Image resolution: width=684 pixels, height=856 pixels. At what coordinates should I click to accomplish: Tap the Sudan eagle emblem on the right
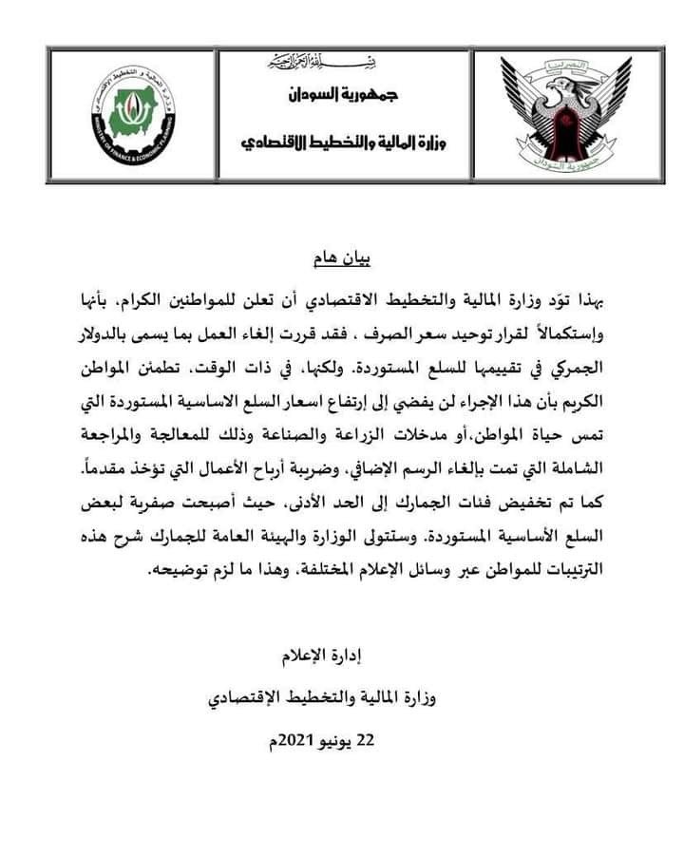tap(565, 116)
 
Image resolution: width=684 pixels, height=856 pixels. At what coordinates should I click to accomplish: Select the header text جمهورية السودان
tap(341, 97)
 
